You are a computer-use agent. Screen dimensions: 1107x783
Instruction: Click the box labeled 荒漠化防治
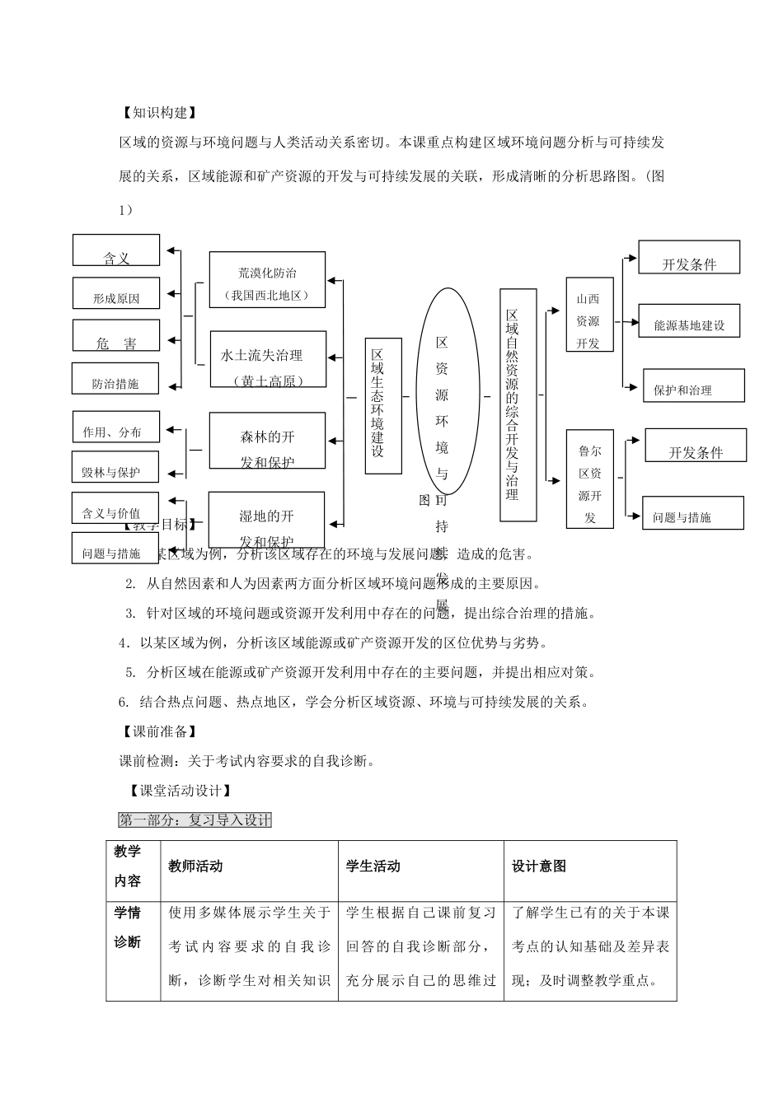pyautogui.click(x=267, y=280)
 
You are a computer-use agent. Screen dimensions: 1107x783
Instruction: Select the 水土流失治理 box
pyautogui.click(x=267, y=359)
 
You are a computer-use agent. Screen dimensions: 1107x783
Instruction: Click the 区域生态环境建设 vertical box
pyautogui.click(x=383, y=406)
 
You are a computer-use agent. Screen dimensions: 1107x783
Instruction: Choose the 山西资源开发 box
pyautogui.click(x=589, y=315)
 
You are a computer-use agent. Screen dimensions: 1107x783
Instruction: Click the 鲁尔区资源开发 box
pyautogui.click(x=590, y=479)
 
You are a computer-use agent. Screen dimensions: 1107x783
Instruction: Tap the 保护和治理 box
pyautogui.click(x=693, y=385)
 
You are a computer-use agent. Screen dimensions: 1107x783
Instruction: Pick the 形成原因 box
pyautogui.click(x=116, y=293)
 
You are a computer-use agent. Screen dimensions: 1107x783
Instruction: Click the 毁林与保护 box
pyautogui.click(x=111, y=467)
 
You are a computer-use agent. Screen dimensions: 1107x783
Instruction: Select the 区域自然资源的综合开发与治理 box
pyautogui.click(x=518, y=405)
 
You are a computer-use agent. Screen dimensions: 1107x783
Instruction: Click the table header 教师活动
pyautogui.click(x=195, y=866)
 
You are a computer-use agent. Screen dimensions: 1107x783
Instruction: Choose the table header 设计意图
pyautogui.click(x=539, y=866)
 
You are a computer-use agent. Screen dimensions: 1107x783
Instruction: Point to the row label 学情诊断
pyautogui.click(x=128, y=927)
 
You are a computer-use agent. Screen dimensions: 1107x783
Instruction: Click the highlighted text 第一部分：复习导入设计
pyautogui.click(x=195, y=820)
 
